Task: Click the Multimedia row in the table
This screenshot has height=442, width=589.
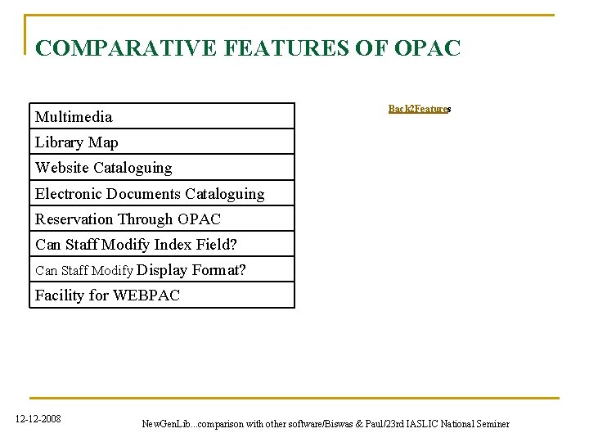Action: click(162, 116)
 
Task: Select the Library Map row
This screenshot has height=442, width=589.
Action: click(162, 142)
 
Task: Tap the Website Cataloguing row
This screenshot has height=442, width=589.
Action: click(162, 168)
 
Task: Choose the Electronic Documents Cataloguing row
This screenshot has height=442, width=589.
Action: click(162, 194)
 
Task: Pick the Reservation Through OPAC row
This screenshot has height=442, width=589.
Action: click(162, 219)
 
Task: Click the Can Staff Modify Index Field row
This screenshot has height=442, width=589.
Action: click(162, 245)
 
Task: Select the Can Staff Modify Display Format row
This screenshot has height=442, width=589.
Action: click(162, 270)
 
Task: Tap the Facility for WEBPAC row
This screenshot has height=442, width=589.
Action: click(162, 295)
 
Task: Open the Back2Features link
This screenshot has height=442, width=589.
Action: click(420, 109)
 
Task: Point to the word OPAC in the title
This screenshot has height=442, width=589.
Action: click(427, 48)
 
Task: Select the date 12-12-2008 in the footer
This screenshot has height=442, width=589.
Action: click(38, 420)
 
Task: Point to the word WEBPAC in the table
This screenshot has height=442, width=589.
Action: click(146, 295)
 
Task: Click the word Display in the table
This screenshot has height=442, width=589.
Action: click(163, 270)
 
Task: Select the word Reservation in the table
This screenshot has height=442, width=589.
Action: click(74, 219)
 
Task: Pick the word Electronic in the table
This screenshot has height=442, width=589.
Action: click(68, 194)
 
